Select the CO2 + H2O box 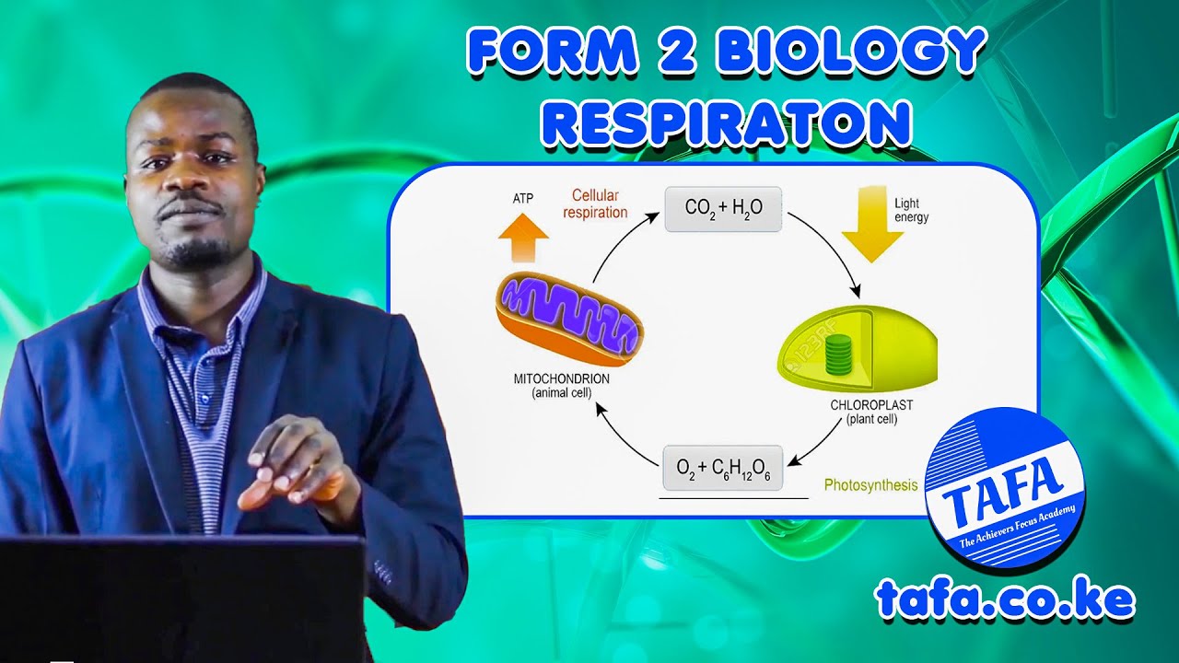[723, 208]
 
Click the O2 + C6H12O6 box [722, 468]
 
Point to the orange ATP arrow [522, 238]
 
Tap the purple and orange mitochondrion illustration [568, 320]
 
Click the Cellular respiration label [599, 204]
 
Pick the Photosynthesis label [870, 484]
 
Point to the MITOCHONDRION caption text [561, 379]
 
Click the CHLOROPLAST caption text [871, 405]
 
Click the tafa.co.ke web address [1005, 599]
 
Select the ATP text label [523, 198]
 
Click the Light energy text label [911, 210]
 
